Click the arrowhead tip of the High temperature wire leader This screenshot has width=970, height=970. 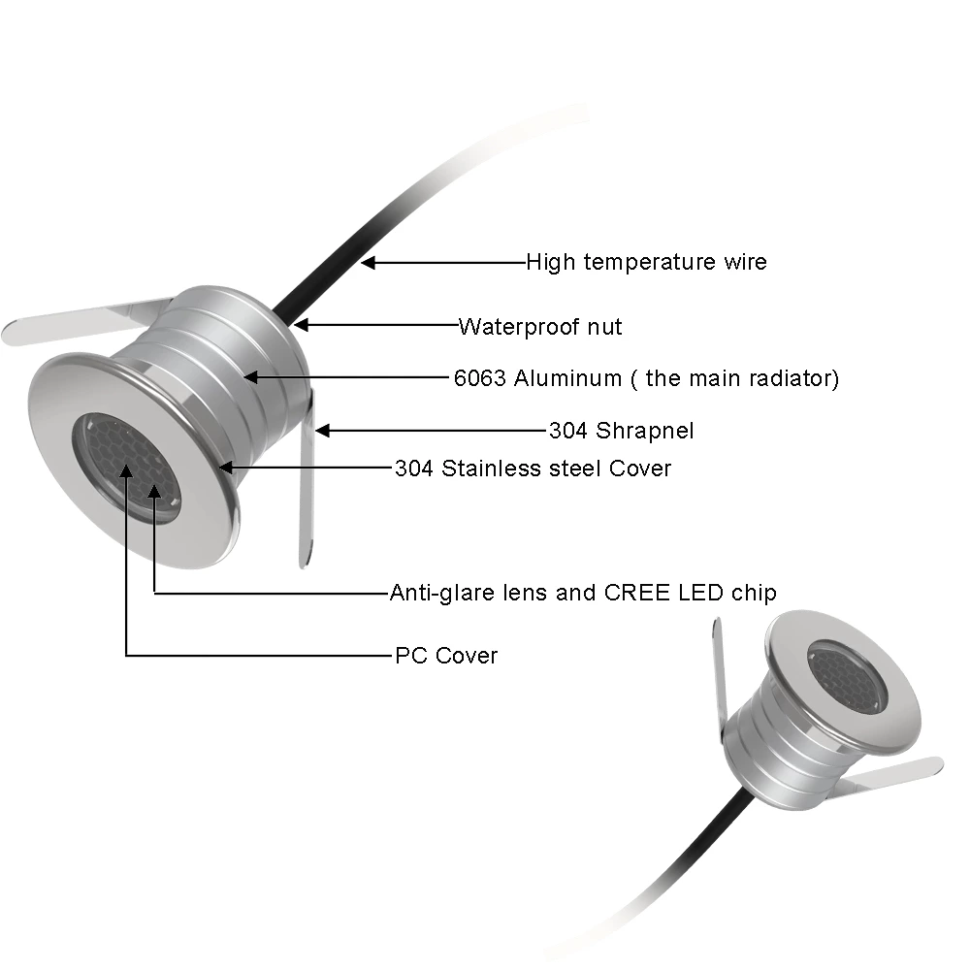pos(361,263)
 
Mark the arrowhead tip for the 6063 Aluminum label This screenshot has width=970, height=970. pos(243,376)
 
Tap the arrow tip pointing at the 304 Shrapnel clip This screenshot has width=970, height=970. pos(315,431)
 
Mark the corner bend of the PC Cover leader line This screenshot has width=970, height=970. pos(126,655)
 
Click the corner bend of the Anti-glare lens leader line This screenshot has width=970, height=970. pos(154,594)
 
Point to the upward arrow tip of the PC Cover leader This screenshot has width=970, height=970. pos(126,464)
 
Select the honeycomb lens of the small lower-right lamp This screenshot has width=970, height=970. pos(848,677)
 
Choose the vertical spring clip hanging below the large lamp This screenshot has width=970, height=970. pos(307,476)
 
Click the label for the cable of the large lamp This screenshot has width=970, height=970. pos(646,262)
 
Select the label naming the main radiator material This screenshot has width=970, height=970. pos(646,378)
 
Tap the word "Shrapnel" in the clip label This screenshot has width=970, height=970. pos(645,431)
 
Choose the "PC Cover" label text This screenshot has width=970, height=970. pos(446,655)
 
